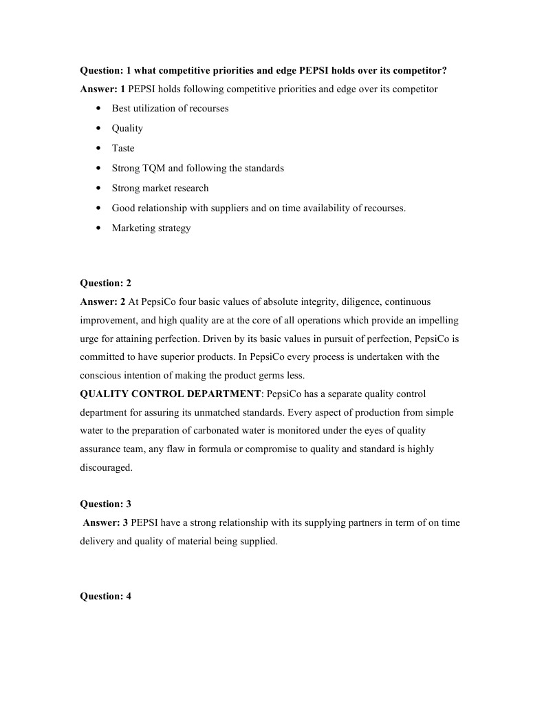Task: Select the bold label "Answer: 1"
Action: tap(102, 89)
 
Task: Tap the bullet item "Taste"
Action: tap(123, 148)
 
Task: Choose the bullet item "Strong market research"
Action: tap(160, 188)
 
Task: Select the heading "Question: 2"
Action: tap(105, 283)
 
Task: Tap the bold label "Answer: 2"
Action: tap(102, 301)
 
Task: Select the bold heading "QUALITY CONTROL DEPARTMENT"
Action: tap(171, 394)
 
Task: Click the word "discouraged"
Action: tap(106, 467)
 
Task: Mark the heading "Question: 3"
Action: tap(105, 504)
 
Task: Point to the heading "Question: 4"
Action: tap(105, 597)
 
